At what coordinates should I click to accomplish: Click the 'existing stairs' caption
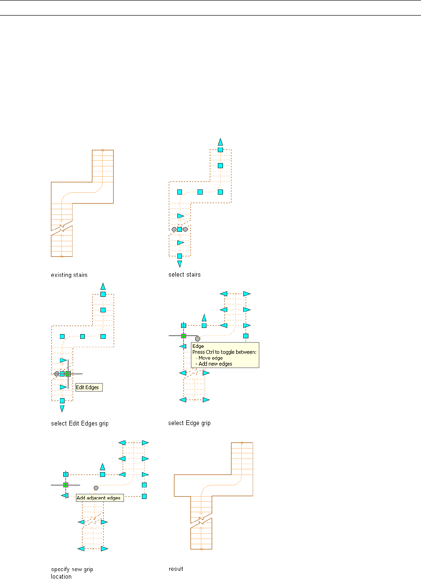(x=69, y=275)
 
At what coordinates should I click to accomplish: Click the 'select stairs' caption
(x=184, y=275)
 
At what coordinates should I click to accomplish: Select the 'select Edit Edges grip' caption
(x=79, y=423)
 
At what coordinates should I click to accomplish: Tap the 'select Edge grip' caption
(x=189, y=423)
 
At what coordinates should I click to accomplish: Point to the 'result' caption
(x=176, y=569)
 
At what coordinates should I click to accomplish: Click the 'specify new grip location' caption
(x=72, y=573)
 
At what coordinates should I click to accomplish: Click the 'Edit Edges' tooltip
(x=89, y=387)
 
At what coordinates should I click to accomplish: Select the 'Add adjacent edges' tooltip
(x=99, y=498)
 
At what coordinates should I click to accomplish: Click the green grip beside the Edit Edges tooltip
(x=68, y=374)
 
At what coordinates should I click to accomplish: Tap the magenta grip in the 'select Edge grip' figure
(x=184, y=336)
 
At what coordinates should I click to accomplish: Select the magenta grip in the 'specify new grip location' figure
(x=66, y=485)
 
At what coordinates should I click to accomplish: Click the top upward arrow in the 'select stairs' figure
(x=220, y=141)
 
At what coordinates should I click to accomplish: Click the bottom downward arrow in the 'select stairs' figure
(x=180, y=264)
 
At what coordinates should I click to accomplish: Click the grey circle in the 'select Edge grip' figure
(x=198, y=338)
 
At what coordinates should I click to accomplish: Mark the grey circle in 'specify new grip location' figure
(x=96, y=488)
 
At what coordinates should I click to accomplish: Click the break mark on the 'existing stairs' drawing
(x=62, y=227)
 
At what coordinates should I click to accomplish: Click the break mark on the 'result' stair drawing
(x=201, y=521)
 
